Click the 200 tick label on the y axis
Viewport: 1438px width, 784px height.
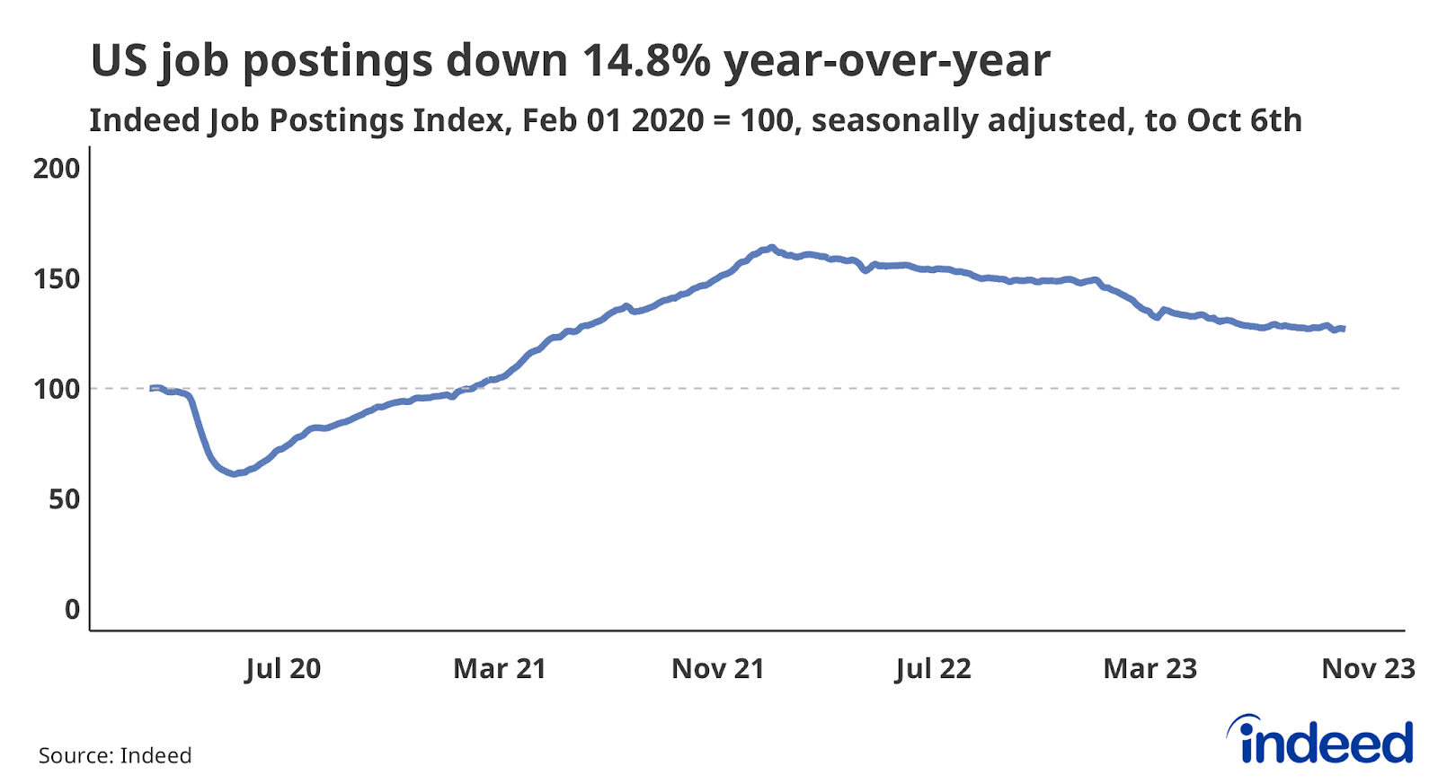click(56, 168)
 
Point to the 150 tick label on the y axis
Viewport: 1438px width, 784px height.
click(56, 278)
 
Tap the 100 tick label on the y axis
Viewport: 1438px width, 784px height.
click(56, 389)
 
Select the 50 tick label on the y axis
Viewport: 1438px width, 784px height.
click(64, 499)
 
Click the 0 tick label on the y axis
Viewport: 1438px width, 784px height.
click(72, 610)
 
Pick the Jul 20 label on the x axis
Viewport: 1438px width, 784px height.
click(282, 669)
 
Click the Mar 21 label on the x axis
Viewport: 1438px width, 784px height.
click(500, 669)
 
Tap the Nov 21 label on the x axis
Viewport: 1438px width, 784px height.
click(717, 669)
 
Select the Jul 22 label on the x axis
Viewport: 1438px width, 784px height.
click(933, 669)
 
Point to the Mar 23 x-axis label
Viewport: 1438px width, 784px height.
click(1150, 669)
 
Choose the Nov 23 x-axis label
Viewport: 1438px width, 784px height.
click(1368, 669)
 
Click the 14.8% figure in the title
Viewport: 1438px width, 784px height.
click(646, 61)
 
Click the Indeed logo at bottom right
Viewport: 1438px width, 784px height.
click(1320, 741)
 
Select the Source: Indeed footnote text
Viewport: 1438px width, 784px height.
click(115, 755)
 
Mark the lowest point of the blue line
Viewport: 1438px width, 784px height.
click(234, 473)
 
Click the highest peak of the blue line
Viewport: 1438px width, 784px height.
click(771, 247)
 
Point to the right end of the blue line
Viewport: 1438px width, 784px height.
click(1343, 329)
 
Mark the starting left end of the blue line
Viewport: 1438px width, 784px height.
click(151, 388)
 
